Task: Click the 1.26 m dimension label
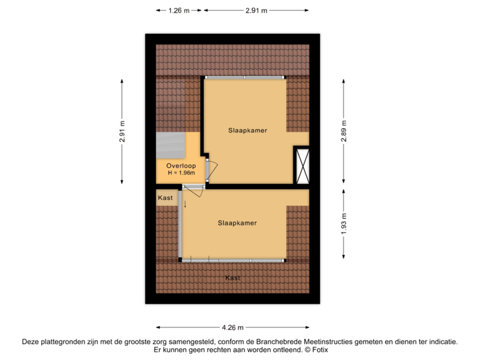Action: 179,10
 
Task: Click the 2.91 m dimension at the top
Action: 256,10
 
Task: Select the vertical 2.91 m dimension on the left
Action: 122,131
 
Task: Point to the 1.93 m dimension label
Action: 344,223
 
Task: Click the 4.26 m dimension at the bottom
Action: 233,327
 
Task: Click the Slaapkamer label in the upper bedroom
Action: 247,131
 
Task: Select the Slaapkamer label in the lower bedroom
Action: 237,223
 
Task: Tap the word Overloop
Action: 180,165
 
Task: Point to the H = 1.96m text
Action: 181,173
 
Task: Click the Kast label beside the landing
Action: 165,198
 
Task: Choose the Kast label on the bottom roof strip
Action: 233,277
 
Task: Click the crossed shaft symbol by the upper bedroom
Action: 302,165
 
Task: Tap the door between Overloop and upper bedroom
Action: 210,170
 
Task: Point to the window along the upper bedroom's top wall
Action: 245,78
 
